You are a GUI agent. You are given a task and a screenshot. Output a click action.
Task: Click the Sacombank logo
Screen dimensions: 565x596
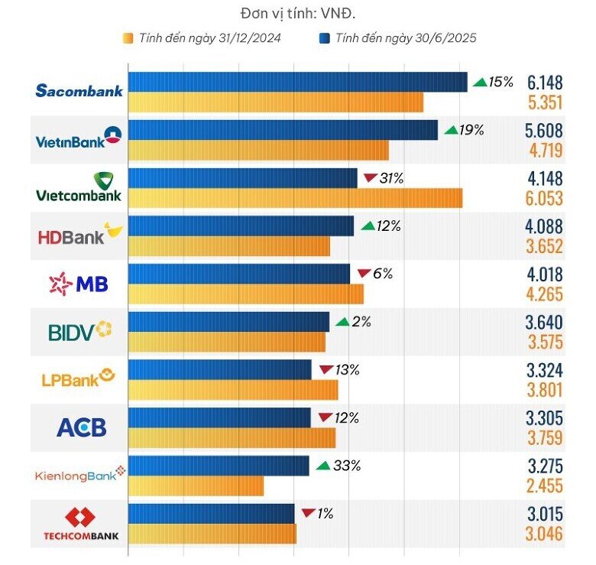point(79,91)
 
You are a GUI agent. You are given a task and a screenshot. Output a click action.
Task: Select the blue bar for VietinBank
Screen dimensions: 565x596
point(283,130)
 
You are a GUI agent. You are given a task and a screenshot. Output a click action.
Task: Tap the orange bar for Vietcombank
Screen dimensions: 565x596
point(295,197)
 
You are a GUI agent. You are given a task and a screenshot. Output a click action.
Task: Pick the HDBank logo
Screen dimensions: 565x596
point(79,235)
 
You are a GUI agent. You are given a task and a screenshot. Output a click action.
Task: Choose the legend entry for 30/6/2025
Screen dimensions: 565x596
point(397,38)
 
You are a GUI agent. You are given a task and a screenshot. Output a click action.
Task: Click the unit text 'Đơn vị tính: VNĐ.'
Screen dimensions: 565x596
point(299,13)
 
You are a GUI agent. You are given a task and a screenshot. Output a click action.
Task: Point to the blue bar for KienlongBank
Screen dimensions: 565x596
point(219,466)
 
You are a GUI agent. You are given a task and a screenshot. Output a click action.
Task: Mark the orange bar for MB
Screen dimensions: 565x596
point(246,294)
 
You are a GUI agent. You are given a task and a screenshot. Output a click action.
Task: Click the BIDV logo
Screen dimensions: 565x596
point(79,331)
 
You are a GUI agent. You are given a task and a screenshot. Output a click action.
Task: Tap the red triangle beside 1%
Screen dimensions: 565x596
point(308,513)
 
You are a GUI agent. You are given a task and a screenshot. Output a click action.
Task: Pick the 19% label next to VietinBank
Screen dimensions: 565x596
point(471,130)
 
